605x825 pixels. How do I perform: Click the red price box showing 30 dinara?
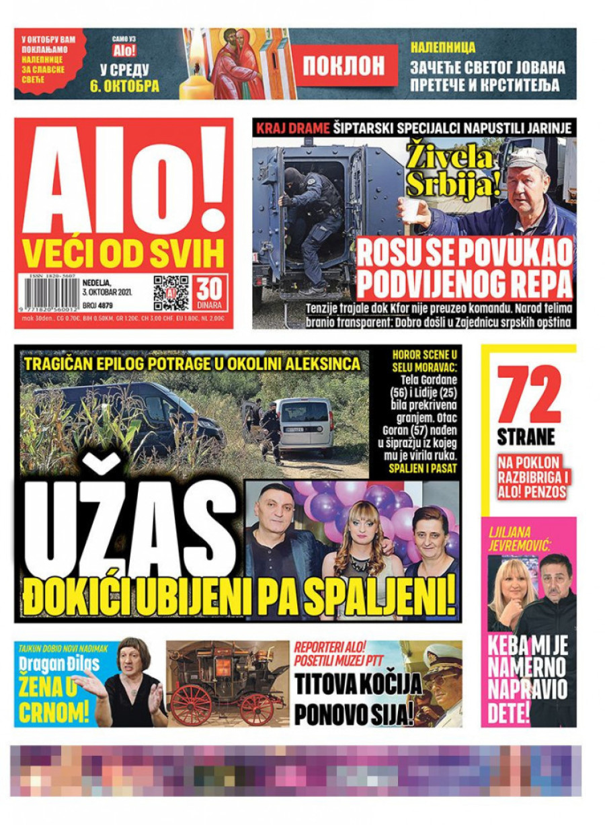tap(210, 292)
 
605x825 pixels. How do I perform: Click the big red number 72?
tap(529, 397)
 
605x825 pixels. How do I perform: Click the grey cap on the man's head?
tap(528, 159)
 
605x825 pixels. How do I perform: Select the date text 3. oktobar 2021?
tap(108, 292)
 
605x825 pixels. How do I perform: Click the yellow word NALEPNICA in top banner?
tap(443, 48)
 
